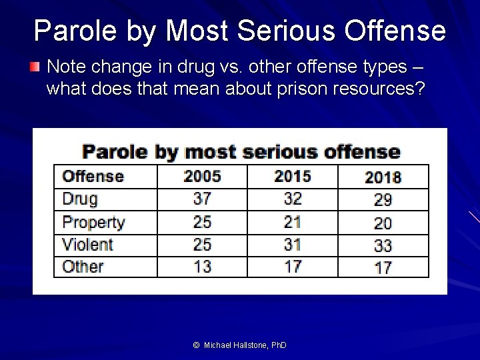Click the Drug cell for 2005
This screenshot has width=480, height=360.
click(x=202, y=199)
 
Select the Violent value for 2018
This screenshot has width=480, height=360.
click(x=383, y=245)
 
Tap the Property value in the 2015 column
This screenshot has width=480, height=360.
click(x=293, y=222)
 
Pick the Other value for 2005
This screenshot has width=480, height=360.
click(x=202, y=267)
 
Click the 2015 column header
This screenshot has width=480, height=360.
click(x=293, y=177)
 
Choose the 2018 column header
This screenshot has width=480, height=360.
click(x=383, y=177)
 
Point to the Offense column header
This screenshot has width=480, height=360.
click(x=93, y=177)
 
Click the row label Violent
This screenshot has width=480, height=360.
click(x=87, y=245)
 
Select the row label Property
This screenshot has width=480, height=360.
click(x=93, y=223)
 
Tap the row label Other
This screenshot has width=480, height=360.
click(x=83, y=267)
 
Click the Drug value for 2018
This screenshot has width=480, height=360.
click(x=383, y=199)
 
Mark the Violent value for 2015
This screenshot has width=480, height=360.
click(x=293, y=245)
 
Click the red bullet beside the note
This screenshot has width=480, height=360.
click(x=35, y=67)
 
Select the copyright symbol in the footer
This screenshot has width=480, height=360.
click(x=196, y=345)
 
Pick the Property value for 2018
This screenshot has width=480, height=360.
click(x=383, y=223)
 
